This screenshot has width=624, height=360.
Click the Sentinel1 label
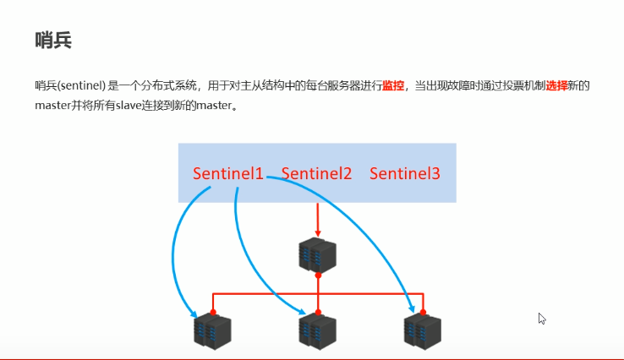[x=227, y=174]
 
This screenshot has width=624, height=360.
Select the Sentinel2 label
[x=316, y=174]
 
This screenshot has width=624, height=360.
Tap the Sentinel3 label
[x=405, y=174]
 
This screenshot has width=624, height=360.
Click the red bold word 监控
[x=393, y=85]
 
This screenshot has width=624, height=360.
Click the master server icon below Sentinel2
[x=318, y=254]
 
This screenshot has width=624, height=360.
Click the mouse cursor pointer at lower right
[x=542, y=319]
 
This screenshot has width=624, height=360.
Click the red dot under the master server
[x=318, y=275]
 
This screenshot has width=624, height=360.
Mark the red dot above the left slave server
[x=213, y=312]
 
